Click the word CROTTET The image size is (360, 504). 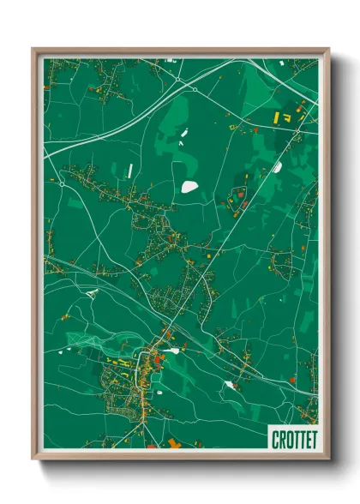(x=293, y=439)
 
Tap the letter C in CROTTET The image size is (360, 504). (x=276, y=439)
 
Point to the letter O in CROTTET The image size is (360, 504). (x=287, y=439)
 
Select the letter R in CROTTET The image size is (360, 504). (x=281, y=439)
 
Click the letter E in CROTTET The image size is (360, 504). (x=304, y=439)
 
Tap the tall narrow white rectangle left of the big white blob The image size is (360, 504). (x=130, y=171)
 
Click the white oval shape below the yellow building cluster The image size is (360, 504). (x=278, y=167)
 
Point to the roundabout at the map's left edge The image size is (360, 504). (x=63, y=182)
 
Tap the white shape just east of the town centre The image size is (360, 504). (x=174, y=350)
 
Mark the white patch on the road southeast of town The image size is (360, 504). (x=229, y=386)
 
